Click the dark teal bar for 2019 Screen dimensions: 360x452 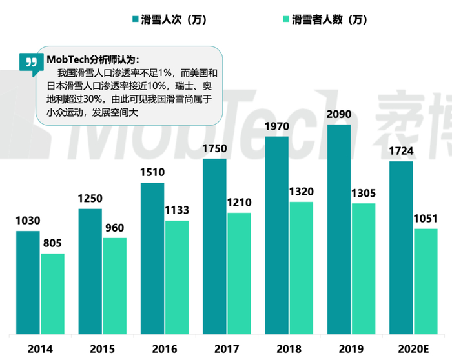coord(339,229)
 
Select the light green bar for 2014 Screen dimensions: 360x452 coord(52,294)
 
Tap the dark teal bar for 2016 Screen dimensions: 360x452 coord(152,258)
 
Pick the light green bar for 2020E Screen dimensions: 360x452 coord(426,281)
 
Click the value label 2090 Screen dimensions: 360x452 coord(339,114)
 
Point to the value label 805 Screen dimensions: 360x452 coord(52,243)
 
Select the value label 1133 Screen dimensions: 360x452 coord(177,210)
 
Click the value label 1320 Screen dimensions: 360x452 coord(302,192)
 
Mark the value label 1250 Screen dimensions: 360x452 coord(90,199)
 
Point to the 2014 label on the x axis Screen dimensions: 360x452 coord(40,348)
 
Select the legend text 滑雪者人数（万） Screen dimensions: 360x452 coord(329,19)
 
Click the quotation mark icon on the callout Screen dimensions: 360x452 coord(28,62)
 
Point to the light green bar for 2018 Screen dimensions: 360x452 coord(302,268)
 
